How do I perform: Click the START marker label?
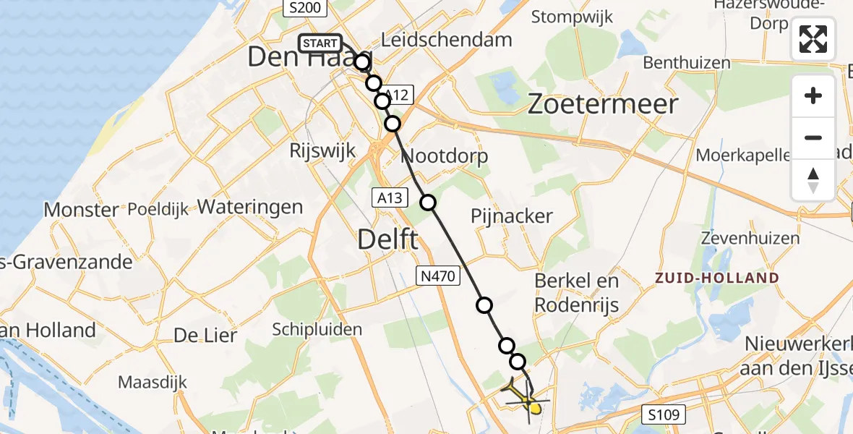click(320, 43)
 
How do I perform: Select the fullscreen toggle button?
click(813, 39)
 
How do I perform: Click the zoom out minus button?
click(813, 137)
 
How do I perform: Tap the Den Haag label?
click(309, 57)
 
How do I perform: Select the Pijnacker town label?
click(511, 216)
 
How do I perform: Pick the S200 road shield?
click(304, 8)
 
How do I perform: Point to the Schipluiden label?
click(317, 329)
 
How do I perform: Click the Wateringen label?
click(249, 207)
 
